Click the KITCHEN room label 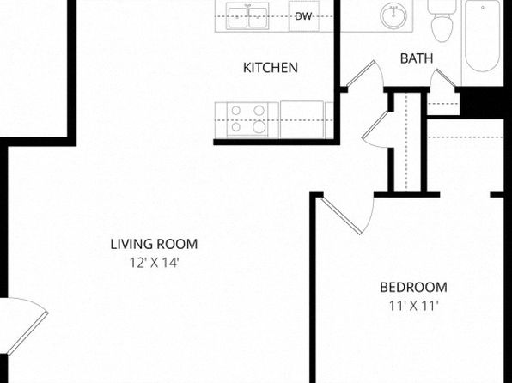271,68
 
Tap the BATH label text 417,58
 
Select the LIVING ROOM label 154,244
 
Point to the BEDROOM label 413,288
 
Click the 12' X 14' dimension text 155,263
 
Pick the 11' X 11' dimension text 413,306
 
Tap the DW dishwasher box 303,16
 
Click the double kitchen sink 248,16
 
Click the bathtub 482,36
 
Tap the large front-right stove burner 259,126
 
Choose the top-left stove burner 236,111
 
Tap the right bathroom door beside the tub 444,77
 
